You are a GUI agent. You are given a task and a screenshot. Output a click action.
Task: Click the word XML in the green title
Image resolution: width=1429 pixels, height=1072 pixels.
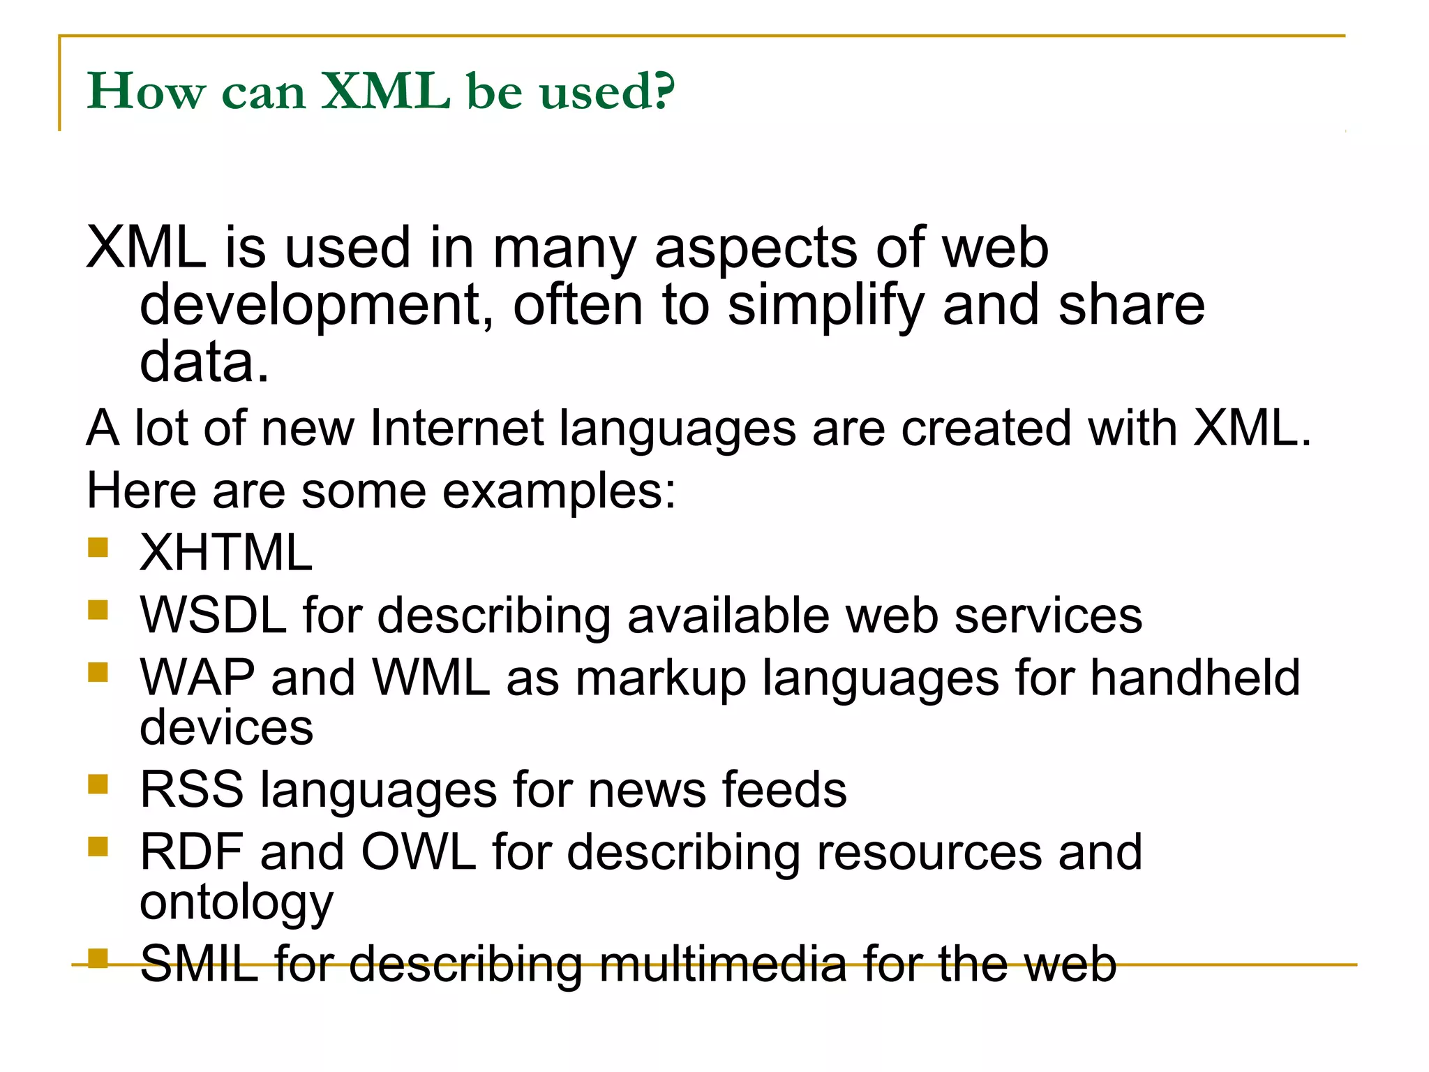[x=385, y=91]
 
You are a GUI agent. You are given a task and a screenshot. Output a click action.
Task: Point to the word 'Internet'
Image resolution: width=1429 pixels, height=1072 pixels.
[x=456, y=428]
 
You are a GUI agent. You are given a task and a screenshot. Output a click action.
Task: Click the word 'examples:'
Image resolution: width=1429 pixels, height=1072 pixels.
[x=559, y=491]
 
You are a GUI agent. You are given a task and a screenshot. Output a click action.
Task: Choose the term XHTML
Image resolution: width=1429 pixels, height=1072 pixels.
[x=226, y=553]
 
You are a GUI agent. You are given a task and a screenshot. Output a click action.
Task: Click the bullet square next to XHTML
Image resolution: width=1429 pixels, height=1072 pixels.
[x=98, y=546]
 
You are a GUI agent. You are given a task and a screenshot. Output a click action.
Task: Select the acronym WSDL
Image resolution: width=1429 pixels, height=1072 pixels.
[x=214, y=616]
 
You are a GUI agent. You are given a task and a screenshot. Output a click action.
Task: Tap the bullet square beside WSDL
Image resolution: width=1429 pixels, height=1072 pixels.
[x=98, y=609]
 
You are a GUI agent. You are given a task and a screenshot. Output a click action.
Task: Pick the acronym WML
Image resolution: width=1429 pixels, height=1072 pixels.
[x=431, y=678]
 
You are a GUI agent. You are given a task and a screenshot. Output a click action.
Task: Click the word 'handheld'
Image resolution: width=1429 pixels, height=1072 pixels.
[x=1195, y=678]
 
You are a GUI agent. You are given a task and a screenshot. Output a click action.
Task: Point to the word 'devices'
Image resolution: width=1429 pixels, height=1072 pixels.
[x=226, y=727]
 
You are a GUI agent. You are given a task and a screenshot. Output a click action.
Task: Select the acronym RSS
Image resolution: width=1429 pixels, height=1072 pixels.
[x=192, y=790]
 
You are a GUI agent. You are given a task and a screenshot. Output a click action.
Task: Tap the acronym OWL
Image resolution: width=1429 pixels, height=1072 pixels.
[x=418, y=852]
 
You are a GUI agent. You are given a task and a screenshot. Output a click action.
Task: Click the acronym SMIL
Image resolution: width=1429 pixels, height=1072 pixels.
[x=200, y=964]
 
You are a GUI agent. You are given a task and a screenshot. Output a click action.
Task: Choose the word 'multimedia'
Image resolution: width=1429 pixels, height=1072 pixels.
[x=721, y=964]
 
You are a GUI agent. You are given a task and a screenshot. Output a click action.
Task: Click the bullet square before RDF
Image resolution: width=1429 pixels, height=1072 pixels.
[x=98, y=846]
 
